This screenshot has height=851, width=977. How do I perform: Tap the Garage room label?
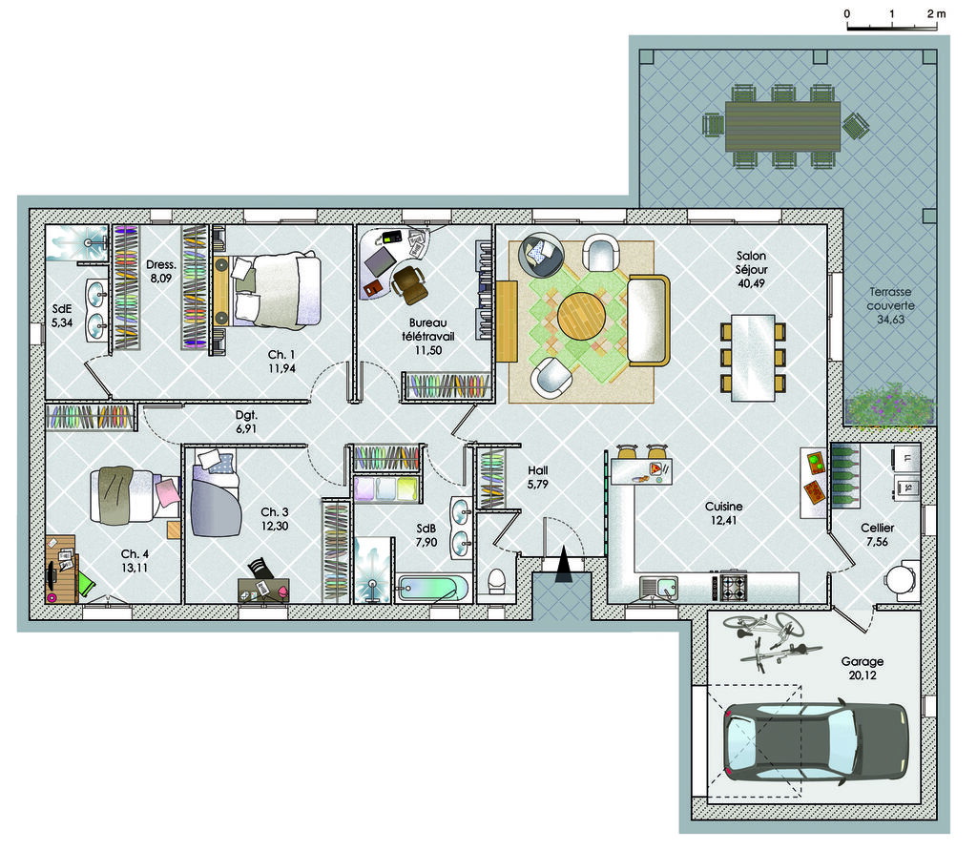[x=863, y=661]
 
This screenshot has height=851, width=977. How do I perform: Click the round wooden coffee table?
[x=581, y=315]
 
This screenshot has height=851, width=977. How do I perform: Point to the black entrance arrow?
[x=563, y=565]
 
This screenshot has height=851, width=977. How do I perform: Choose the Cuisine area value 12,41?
[x=723, y=520]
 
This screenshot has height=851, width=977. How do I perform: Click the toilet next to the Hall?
[x=496, y=581]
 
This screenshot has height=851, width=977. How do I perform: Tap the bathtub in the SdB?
[x=433, y=588]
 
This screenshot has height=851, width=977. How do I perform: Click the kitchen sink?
[x=658, y=588]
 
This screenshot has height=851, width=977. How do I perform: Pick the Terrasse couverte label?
[x=890, y=305]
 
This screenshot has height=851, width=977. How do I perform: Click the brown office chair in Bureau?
[x=409, y=283]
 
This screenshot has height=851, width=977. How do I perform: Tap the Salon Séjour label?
[x=751, y=262]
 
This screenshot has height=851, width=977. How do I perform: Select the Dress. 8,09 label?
[x=160, y=272]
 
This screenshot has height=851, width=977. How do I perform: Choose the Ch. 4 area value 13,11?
[x=135, y=568]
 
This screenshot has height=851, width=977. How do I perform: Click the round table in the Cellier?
[x=900, y=580]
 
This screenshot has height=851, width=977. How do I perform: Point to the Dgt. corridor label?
[x=246, y=415]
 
